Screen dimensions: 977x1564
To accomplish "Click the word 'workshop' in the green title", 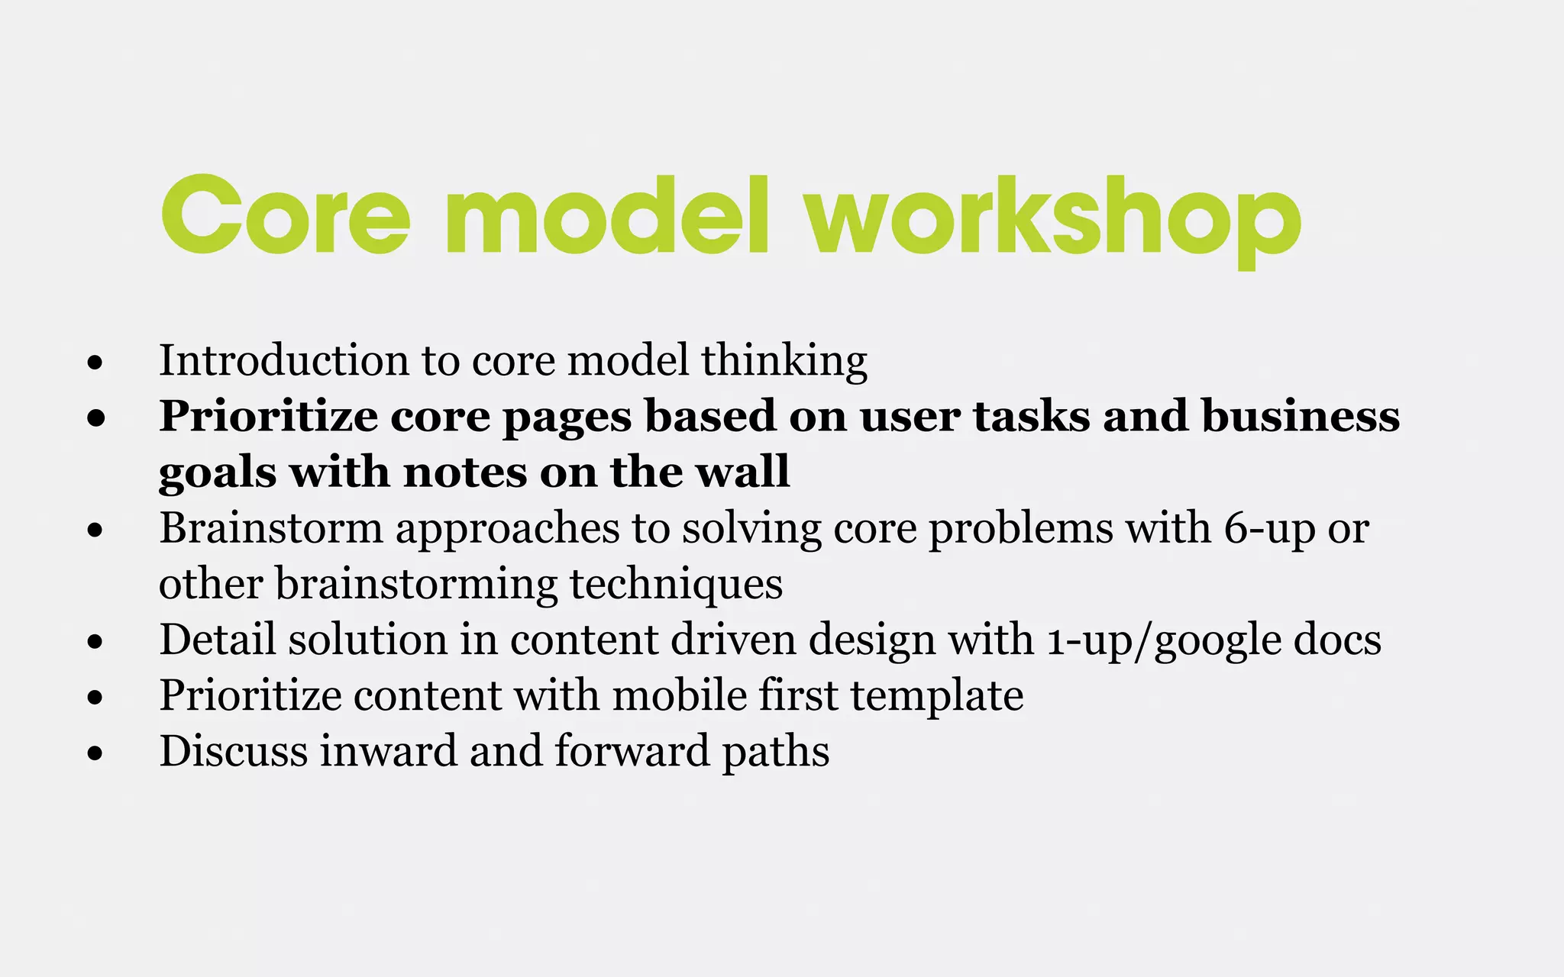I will [x=1054, y=218].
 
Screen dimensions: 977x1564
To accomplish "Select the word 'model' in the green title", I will [x=607, y=218].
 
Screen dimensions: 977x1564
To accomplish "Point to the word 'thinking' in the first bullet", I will [x=784, y=360].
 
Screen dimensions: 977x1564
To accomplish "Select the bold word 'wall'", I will [x=743, y=472].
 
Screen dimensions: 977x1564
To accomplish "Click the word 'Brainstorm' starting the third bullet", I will [x=270, y=528].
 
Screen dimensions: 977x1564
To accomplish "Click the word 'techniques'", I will [x=676, y=585].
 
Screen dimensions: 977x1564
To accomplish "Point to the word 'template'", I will [x=936, y=695].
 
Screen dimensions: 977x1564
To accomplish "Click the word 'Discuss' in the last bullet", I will [x=233, y=751].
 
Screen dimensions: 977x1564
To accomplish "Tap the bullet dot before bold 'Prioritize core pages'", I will [x=95, y=418].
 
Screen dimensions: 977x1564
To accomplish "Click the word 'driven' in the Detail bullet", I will [x=733, y=640].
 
